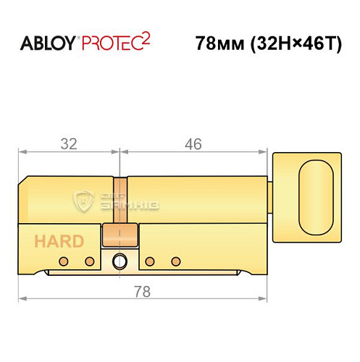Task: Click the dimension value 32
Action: [69, 143]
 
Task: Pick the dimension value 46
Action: [193, 143]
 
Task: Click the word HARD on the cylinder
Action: [58, 242]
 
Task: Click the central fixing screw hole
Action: [120, 261]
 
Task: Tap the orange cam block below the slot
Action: [120, 235]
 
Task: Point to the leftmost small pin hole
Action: [63, 261]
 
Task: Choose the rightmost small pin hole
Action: [175, 261]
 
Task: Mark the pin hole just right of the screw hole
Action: [149, 261]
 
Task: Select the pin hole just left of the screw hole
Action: [90, 261]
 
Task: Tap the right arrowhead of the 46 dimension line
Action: [262, 153]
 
